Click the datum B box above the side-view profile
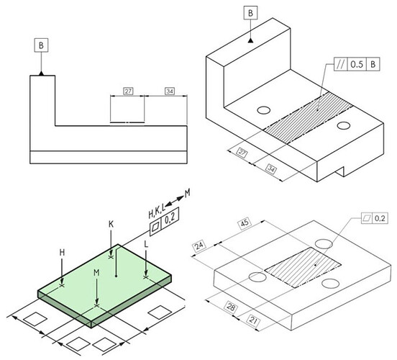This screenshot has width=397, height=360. (x=41, y=45)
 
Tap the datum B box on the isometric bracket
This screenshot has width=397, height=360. (x=251, y=13)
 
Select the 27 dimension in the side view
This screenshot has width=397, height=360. (x=128, y=91)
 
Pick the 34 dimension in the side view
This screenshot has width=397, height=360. (x=170, y=91)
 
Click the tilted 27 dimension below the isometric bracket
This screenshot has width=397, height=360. (x=242, y=153)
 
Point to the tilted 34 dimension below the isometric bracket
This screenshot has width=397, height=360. (x=271, y=169)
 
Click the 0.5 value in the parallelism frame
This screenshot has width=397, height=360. (x=357, y=65)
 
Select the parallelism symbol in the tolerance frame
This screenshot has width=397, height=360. (x=341, y=65)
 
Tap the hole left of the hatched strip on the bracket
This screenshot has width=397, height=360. (x=263, y=110)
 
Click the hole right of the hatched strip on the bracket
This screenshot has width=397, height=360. (x=344, y=125)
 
